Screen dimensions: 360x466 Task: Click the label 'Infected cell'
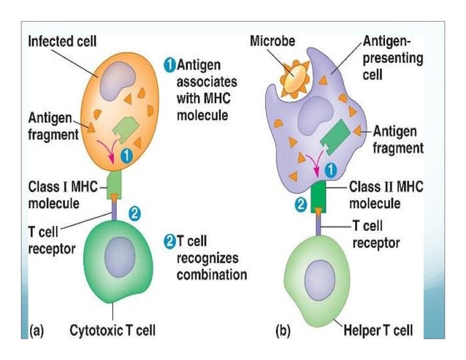(x=63, y=42)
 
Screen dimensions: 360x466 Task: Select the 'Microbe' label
(x=272, y=41)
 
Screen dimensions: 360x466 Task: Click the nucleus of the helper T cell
(x=318, y=280)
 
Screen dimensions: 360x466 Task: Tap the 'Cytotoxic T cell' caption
(x=112, y=330)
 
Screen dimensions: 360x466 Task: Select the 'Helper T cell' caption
(x=378, y=330)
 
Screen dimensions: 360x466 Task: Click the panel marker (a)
(x=37, y=330)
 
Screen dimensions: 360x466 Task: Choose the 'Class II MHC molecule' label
(x=384, y=194)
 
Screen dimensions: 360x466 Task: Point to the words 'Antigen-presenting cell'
(x=392, y=58)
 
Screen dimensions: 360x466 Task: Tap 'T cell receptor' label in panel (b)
(x=375, y=234)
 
